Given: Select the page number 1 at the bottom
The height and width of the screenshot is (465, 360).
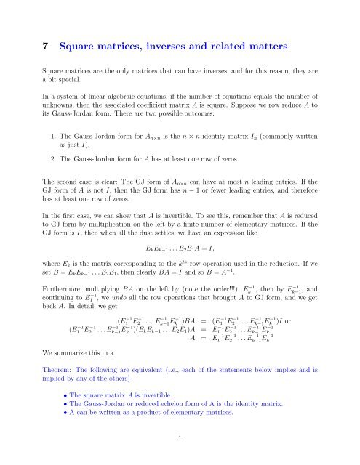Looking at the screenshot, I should click(x=180, y=437).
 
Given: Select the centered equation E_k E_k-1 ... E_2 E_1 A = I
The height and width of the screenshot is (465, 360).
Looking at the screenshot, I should click(x=180, y=258).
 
